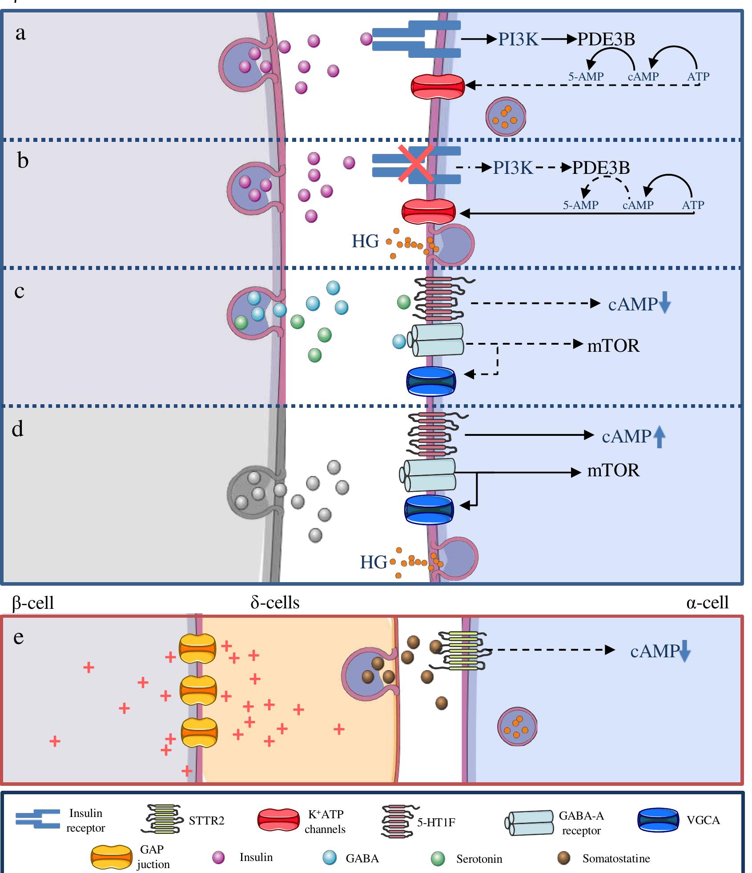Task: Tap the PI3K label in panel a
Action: pos(518,40)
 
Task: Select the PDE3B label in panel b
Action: pos(601,168)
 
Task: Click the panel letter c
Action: pos(19,291)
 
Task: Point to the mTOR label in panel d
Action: pos(613,470)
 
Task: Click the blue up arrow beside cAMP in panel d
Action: pos(660,436)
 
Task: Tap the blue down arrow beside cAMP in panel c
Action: pos(664,303)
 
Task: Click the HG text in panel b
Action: pos(365,241)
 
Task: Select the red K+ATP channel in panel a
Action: pos(438,86)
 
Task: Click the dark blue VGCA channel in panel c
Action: pos(431,381)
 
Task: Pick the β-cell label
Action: pos(33,603)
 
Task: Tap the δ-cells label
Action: pos(275,602)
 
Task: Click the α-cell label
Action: pos(707,602)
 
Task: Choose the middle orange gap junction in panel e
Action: pos(198,691)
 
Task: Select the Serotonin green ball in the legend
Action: pos(438,859)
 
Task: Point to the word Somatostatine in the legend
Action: pos(616,858)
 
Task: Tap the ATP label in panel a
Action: pos(698,76)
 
